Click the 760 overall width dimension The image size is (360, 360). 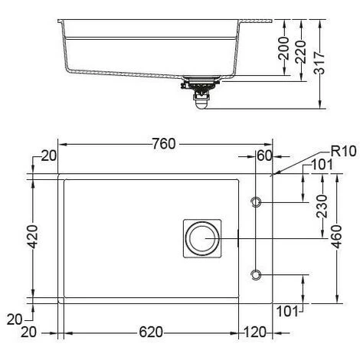pyautogui.click(x=164, y=144)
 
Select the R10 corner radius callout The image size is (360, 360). pyautogui.click(x=343, y=151)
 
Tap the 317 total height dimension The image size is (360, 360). pyautogui.click(x=319, y=63)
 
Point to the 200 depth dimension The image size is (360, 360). pyautogui.click(x=283, y=48)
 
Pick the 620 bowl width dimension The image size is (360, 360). pyautogui.click(x=151, y=332)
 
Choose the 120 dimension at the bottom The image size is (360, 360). pyautogui.click(x=255, y=332)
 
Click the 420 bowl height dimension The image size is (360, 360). pyautogui.click(x=33, y=237)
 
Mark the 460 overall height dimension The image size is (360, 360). pyautogui.click(x=336, y=237)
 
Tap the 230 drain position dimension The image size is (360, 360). pyautogui.click(x=322, y=206)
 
